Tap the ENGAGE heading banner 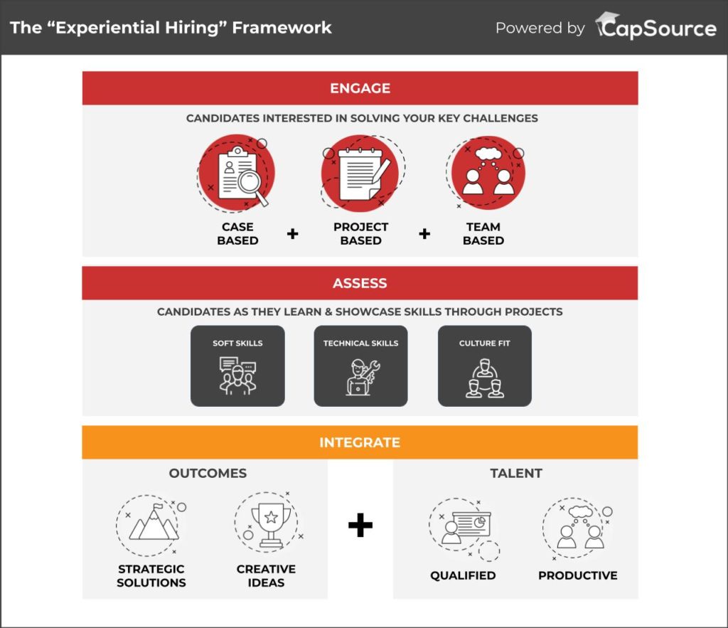360,87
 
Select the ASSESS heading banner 360,283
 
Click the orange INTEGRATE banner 360,442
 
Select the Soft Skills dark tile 237,366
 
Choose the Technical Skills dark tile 360,366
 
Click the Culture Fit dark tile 485,366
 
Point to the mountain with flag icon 151,526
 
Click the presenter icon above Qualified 464,528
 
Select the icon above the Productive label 577,528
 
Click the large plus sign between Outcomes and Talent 360,525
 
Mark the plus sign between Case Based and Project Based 292,234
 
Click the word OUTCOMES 208,474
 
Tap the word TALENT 516,474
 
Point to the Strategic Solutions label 151,576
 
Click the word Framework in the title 282,28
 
